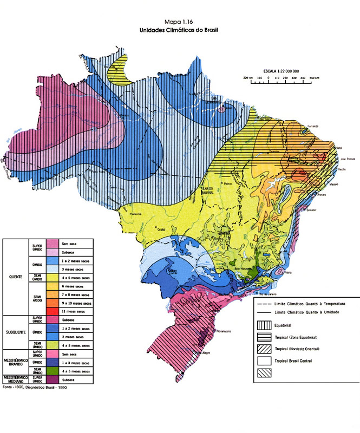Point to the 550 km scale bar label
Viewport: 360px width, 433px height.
(x=313, y=78)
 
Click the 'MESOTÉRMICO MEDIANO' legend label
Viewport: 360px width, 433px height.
(x=15, y=378)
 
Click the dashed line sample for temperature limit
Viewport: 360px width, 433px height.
(x=264, y=305)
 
